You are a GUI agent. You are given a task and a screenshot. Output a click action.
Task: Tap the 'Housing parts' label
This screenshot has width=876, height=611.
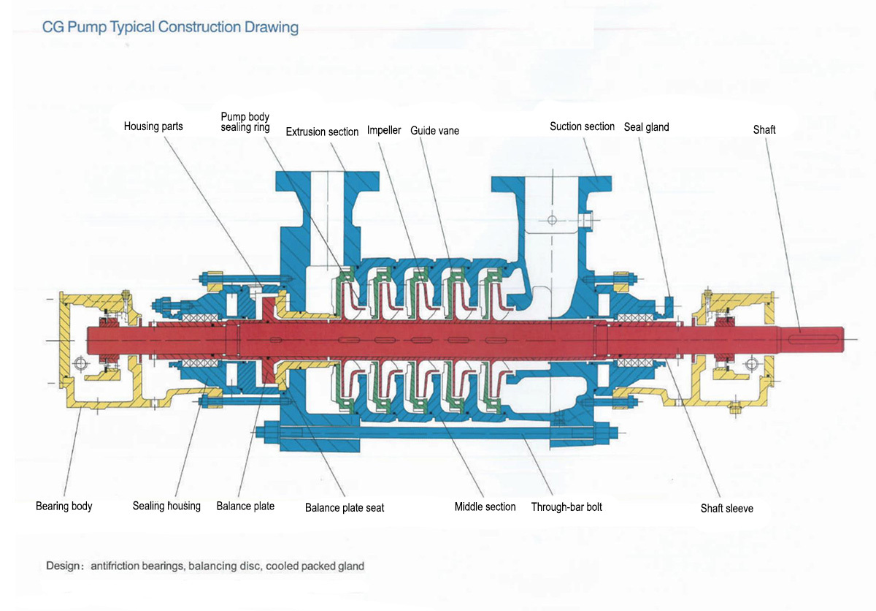tap(153, 126)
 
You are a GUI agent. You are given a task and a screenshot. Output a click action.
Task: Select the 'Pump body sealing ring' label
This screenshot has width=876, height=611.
tap(245, 122)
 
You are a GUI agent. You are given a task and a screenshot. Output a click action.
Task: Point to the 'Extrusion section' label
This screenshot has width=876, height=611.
tap(322, 132)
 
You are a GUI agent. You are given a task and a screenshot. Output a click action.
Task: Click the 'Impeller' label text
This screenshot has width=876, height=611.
tap(384, 130)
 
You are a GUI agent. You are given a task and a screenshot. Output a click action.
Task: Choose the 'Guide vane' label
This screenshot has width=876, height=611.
tap(434, 131)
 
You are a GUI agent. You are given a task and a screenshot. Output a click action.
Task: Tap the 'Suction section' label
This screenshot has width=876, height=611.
tap(582, 126)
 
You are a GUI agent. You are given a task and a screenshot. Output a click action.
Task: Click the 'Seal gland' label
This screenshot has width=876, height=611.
tap(646, 127)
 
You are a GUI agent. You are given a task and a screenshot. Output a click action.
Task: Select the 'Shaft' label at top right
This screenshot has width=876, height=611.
tap(764, 129)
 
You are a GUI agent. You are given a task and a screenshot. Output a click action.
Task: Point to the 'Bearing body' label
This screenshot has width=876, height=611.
tap(64, 506)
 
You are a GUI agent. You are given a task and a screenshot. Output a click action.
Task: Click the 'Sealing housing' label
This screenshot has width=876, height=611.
tap(166, 506)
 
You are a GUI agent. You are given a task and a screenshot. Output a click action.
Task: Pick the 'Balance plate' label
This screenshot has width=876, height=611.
tap(245, 506)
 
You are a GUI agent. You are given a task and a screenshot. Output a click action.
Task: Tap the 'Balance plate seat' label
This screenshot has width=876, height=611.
tap(345, 507)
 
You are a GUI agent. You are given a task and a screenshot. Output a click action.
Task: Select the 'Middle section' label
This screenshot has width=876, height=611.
tap(485, 506)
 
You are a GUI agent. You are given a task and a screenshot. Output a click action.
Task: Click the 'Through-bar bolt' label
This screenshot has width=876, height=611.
tap(566, 506)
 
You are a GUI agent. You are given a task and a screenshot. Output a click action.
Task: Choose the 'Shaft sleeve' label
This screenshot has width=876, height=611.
tap(726, 508)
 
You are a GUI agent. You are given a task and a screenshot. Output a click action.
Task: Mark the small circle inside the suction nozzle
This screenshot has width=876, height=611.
tap(552, 220)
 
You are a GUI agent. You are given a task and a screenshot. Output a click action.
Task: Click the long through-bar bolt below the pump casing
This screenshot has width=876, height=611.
tap(438, 432)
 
